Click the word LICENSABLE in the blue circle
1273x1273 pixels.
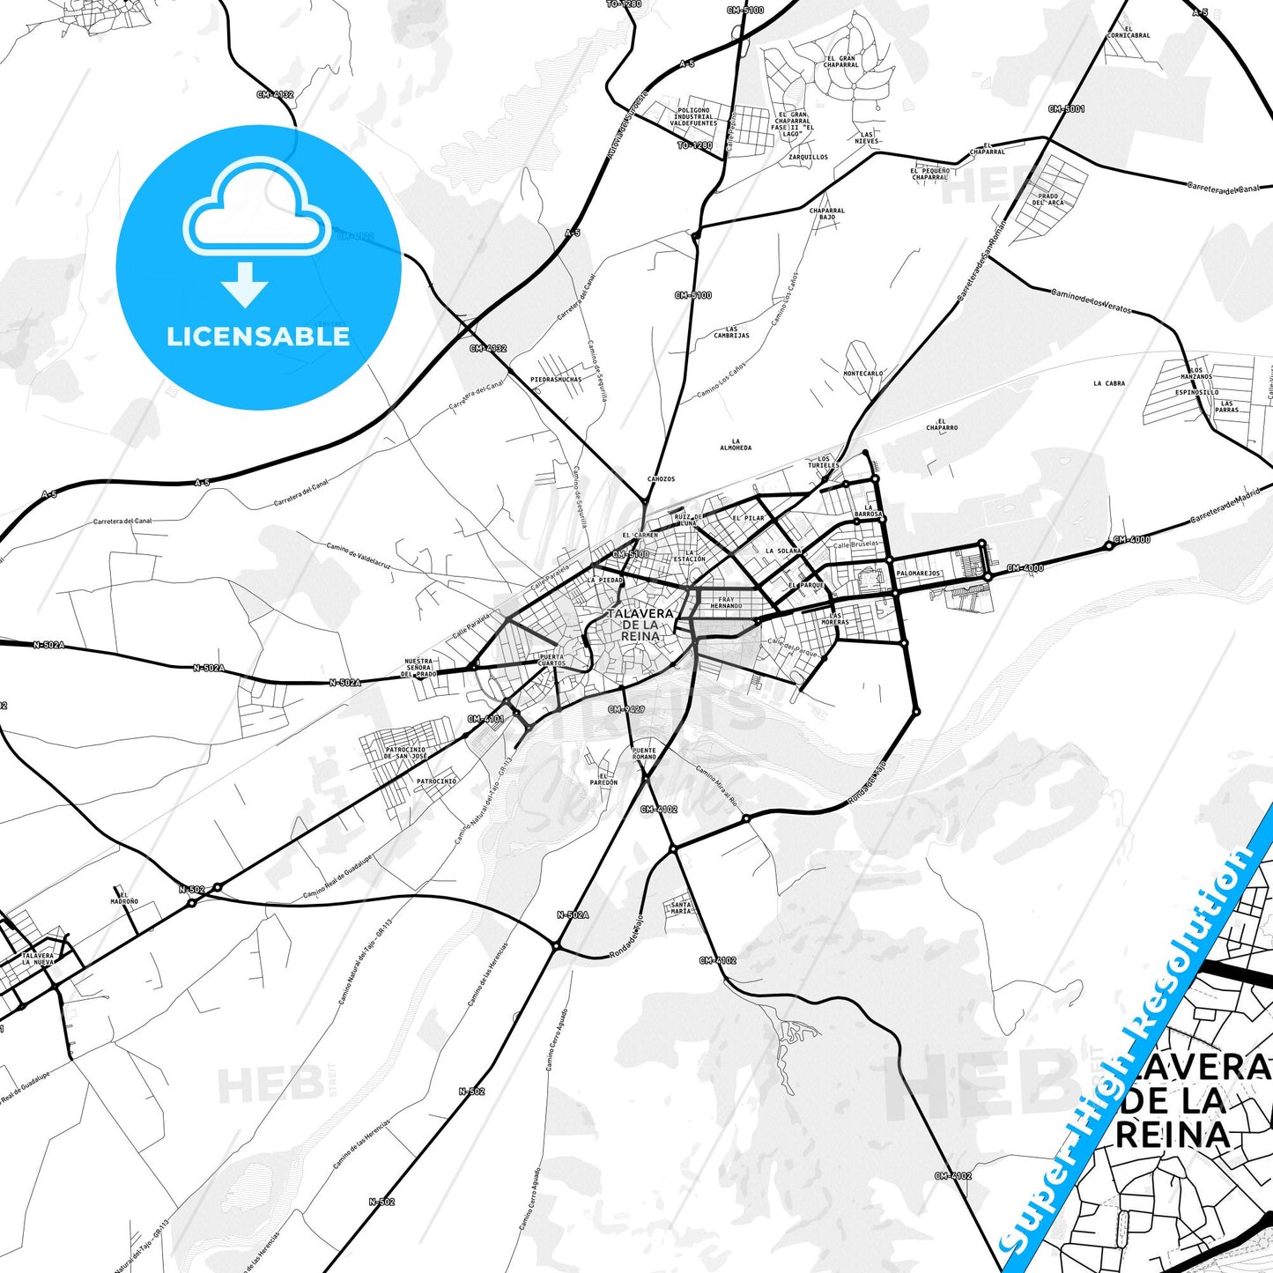coord(258,337)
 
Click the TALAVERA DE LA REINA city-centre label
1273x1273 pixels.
coord(640,624)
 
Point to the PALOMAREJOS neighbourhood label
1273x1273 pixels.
coord(919,574)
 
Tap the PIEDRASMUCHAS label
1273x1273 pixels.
coord(556,380)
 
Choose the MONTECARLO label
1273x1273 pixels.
coord(862,374)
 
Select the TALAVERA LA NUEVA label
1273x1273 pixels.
coord(38,958)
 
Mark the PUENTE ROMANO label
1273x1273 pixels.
coord(644,753)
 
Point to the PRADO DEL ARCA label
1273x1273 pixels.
coord(1048,199)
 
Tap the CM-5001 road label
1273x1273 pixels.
coord(1066,109)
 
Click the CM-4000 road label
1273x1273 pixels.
coord(1131,539)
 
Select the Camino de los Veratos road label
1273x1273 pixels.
coord(1091,300)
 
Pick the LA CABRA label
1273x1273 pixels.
coord(1108,383)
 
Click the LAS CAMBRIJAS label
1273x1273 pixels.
coord(731,332)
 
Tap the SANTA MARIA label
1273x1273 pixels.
coord(681,907)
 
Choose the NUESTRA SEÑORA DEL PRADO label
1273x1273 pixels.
coord(418,668)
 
